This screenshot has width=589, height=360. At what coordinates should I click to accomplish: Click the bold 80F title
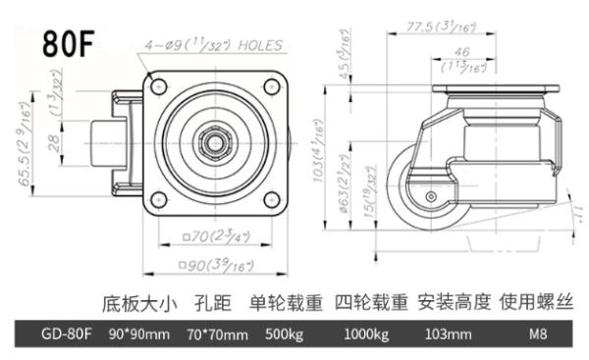[x=68, y=43]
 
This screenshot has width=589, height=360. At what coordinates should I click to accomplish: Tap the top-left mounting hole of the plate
[x=159, y=86]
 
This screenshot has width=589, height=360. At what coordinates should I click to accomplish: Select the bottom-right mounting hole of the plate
[x=272, y=199]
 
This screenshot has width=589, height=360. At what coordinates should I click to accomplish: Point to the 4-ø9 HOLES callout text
[x=214, y=45]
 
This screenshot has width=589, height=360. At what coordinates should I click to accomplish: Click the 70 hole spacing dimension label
[x=216, y=236]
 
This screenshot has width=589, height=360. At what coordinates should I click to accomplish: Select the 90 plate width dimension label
[x=216, y=265]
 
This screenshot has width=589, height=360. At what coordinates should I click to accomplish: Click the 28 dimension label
[x=54, y=142]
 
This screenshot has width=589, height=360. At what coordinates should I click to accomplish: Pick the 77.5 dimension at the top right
[x=442, y=27]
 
